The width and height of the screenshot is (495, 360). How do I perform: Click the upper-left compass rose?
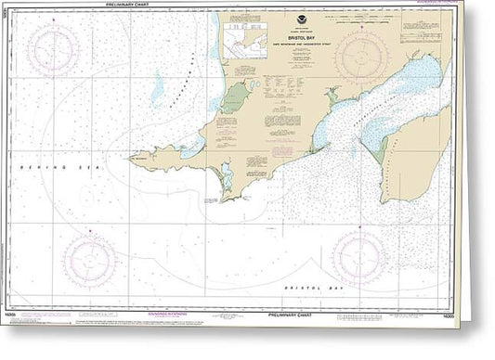[53, 49]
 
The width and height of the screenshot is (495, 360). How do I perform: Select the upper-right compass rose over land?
[361, 58]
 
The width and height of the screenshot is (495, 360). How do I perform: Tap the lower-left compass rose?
[88, 258]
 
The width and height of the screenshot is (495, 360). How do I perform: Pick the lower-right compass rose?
[358, 256]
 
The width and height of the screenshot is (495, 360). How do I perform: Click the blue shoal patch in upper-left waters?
[158, 89]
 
